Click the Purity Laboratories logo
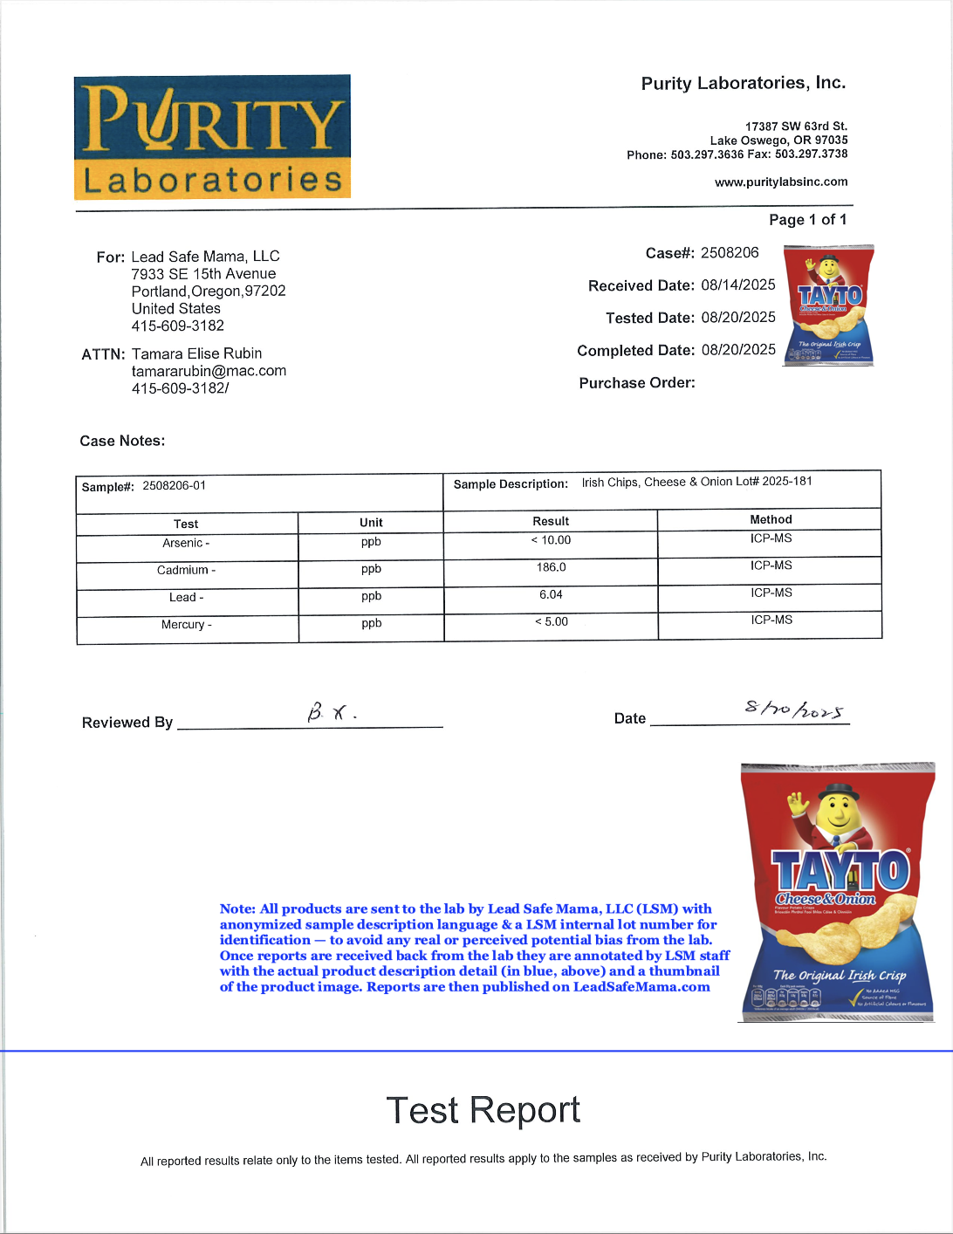212,137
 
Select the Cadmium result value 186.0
551,567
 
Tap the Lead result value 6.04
551,594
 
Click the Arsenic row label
186,543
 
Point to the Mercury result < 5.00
551,621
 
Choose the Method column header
771,519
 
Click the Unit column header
371,523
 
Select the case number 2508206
730,252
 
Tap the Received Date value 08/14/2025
737,285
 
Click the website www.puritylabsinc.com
781,182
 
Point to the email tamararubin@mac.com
209,371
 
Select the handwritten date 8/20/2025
794,710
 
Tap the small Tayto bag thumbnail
828,305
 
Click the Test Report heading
483,1110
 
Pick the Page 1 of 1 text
807,220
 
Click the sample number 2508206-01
174,485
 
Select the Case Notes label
122,441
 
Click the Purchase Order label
637,382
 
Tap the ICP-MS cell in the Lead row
771,593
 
